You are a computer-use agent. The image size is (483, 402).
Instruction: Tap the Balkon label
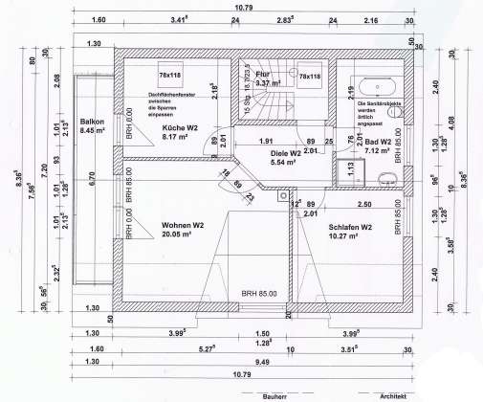(x=92, y=122)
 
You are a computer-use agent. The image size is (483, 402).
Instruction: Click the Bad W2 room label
(x=376, y=141)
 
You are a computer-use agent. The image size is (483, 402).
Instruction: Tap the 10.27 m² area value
(x=348, y=237)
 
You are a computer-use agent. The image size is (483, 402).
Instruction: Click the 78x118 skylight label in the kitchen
(x=172, y=75)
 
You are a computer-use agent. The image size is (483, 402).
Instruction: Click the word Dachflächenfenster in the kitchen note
(x=172, y=95)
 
